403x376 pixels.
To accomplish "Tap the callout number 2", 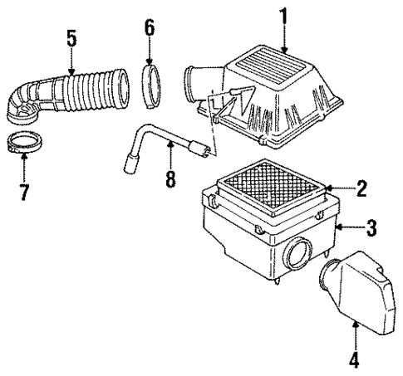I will click(361, 189).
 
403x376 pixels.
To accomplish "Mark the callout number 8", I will click(170, 178).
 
